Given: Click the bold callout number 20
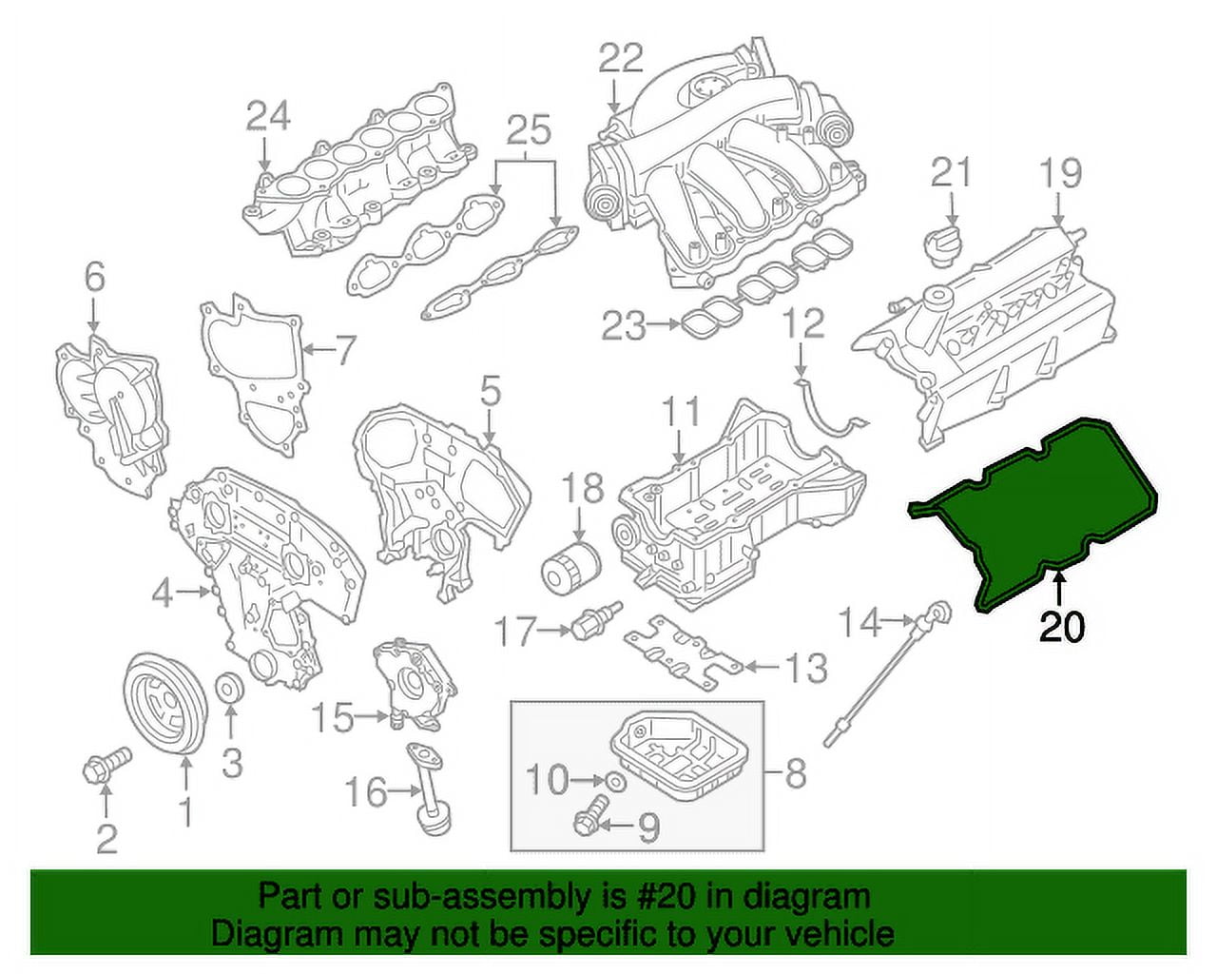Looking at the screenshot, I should pyautogui.click(x=1061, y=627).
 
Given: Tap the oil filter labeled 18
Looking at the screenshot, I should pyautogui.click(x=570, y=568).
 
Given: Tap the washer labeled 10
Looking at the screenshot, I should pyautogui.click(x=615, y=782).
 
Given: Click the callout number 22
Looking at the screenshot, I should pyautogui.click(x=621, y=59).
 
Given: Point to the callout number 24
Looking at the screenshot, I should pyautogui.click(x=267, y=116).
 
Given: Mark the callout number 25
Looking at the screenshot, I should pyautogui.click(x=529, y=130).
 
